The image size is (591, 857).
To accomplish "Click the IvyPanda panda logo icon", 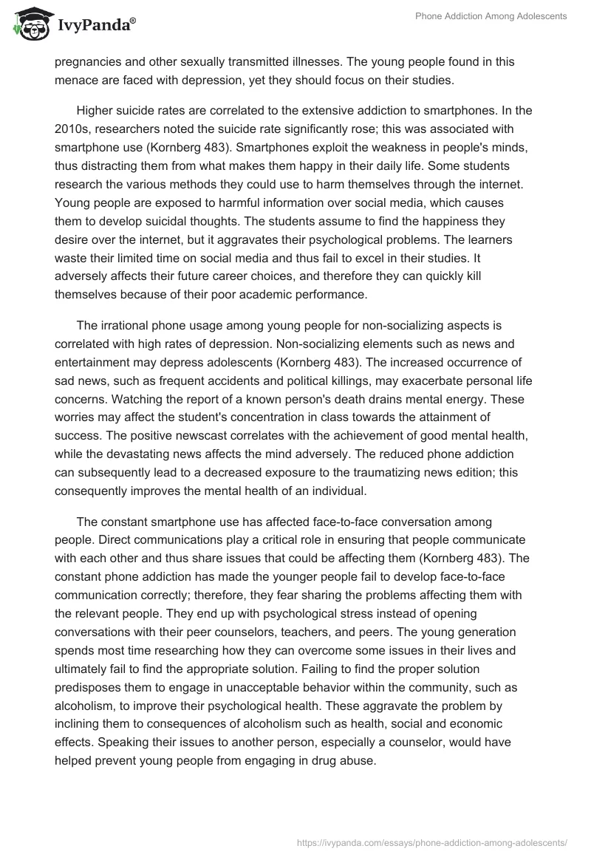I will coord(29,24).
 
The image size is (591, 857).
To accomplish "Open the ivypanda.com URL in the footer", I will coord(431,841).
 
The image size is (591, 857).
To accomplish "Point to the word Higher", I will coord(95,110).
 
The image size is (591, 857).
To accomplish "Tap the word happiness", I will coord(406,222).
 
